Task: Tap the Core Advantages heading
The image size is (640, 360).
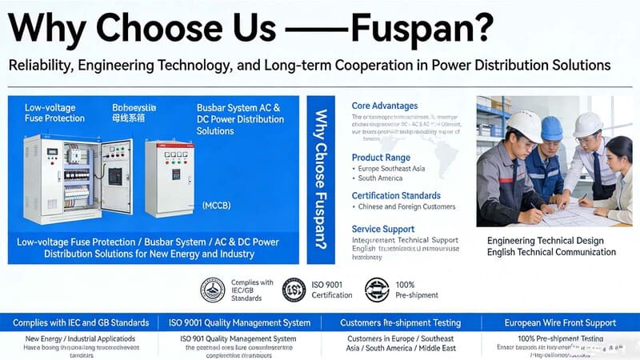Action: pos(385,106)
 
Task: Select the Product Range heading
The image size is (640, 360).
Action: pos(381,158)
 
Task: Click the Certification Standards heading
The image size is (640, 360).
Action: pos(396,195)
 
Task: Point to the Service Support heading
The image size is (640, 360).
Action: pos(383,229)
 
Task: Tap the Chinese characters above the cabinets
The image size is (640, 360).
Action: pos(128,118)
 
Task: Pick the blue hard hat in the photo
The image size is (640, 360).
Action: pos(552,127)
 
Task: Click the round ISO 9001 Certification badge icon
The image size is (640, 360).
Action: pos(294,290)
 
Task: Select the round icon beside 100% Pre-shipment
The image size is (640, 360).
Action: pos(377,290)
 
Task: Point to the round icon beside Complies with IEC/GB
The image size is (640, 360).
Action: pos(213,290)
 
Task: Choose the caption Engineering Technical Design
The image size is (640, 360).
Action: pos(545,241)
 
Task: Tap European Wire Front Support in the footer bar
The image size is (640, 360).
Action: pos(560,322)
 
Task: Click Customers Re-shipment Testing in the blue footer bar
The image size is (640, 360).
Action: pos(400,322)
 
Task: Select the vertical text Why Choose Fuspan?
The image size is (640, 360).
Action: pos(321,180)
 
